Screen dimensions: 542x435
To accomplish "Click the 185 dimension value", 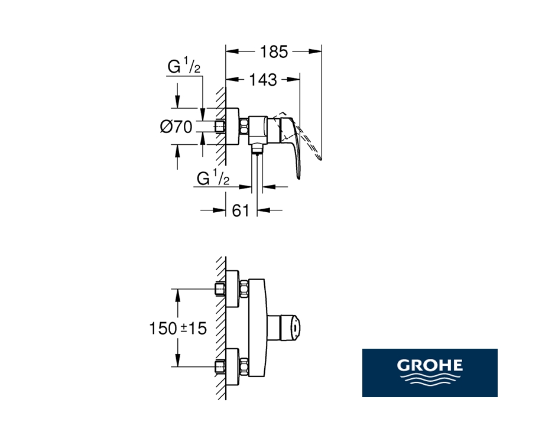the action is pos(274,52).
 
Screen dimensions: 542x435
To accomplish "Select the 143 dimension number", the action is pos(263,80).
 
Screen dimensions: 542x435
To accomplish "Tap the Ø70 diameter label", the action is pos(176,127).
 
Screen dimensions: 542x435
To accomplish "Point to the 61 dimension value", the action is pos(241,210).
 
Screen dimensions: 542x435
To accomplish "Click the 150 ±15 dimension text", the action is pos(178,328).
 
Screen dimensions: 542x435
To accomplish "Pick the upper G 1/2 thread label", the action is pos(184,66).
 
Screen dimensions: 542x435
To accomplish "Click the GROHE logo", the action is pos(430,373).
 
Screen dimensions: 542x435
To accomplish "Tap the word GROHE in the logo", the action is pos(430,365).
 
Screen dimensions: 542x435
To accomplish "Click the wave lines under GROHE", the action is pos(430,379).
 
